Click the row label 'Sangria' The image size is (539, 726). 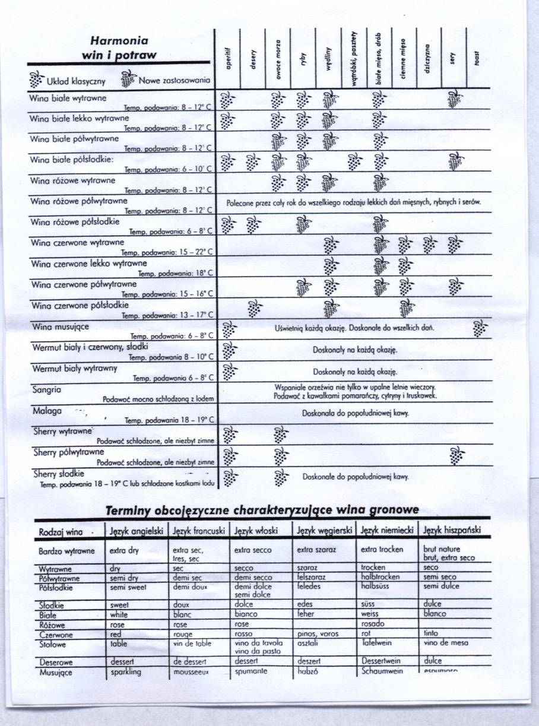point(47,390)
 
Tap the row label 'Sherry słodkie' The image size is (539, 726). point(58,474)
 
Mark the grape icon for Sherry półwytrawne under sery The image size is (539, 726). point(455,455)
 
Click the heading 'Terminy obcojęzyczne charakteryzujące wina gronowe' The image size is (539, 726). point(261,510)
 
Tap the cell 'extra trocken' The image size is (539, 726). point(382,550)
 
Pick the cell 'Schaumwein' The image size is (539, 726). point(381,671)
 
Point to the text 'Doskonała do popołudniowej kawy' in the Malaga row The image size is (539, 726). point(355,413)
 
